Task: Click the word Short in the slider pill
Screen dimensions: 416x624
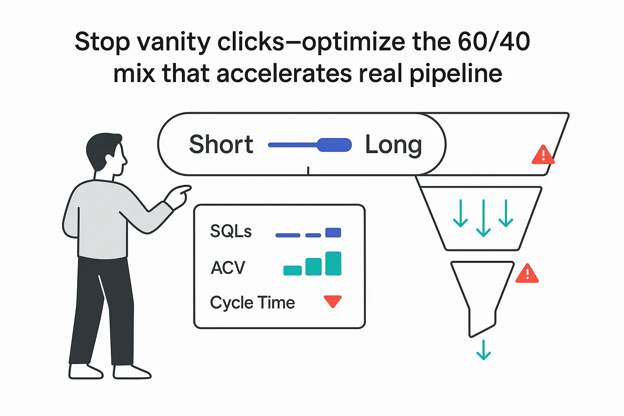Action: pos(221,144)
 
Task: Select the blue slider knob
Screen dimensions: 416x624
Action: pos(334,145)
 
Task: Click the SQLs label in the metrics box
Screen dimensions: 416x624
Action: pos(231,231)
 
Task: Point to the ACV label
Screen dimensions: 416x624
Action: pos(228,268)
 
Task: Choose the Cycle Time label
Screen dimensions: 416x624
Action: pos(252,303)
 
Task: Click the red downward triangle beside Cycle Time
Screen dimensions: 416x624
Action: pos(333,301)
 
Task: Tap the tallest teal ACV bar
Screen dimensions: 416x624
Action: pos(333,264)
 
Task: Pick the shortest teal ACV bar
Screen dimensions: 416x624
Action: pos(292,270)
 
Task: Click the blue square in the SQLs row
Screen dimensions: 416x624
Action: pos(333,232)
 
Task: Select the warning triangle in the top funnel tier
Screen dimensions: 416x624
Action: pos(543,155)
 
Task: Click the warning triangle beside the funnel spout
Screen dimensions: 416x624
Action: pos(527,274)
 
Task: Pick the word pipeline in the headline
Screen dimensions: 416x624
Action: pos(455,74)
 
